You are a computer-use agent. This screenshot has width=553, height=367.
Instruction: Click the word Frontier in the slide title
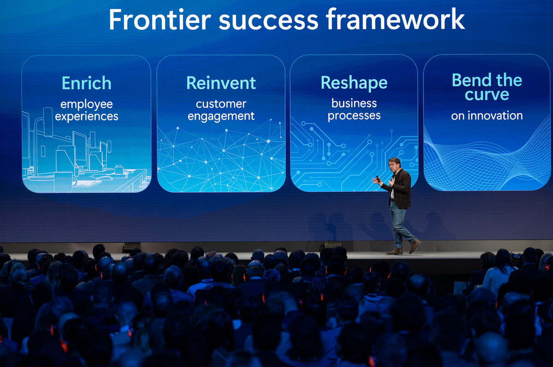pyautogui.click(x=160, y=19)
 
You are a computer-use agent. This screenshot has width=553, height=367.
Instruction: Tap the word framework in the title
pyautogui.click(x=395, y=19)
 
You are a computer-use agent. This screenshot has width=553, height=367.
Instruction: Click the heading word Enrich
pyautogui.click(x=87, y=83)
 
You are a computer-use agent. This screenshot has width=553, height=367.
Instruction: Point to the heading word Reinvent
pyautogui.click(x=221, y=83)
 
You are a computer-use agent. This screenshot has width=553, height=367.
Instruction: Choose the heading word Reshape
pyautogui.click(x=354, y=83)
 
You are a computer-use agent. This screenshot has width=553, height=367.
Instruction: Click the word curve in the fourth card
pyautogui.click(x=487, y=95)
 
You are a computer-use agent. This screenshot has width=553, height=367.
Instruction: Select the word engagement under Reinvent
pyautogui.click(x=221, y=116)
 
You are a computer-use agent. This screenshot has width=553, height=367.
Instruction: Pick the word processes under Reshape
pyautogui.click(x=354, y=116)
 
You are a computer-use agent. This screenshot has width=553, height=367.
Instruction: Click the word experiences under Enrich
pyautogui.click(x=87, y=117)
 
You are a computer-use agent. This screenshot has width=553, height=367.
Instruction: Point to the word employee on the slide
pyautogui.click(x=87, y=105)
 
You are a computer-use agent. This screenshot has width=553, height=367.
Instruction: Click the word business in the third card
pyautogui.click(x=354, y=103)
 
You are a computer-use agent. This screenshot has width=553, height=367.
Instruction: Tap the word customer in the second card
pyautogui.click(x=221, y=104)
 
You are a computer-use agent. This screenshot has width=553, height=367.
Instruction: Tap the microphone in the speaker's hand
pyautogui.click(x=378, y=178)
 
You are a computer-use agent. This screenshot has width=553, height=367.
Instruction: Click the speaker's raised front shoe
pyautogui.click(x=414, y=246)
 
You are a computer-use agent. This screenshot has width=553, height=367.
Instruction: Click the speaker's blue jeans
pyautogui.click(x=400, y=224)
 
